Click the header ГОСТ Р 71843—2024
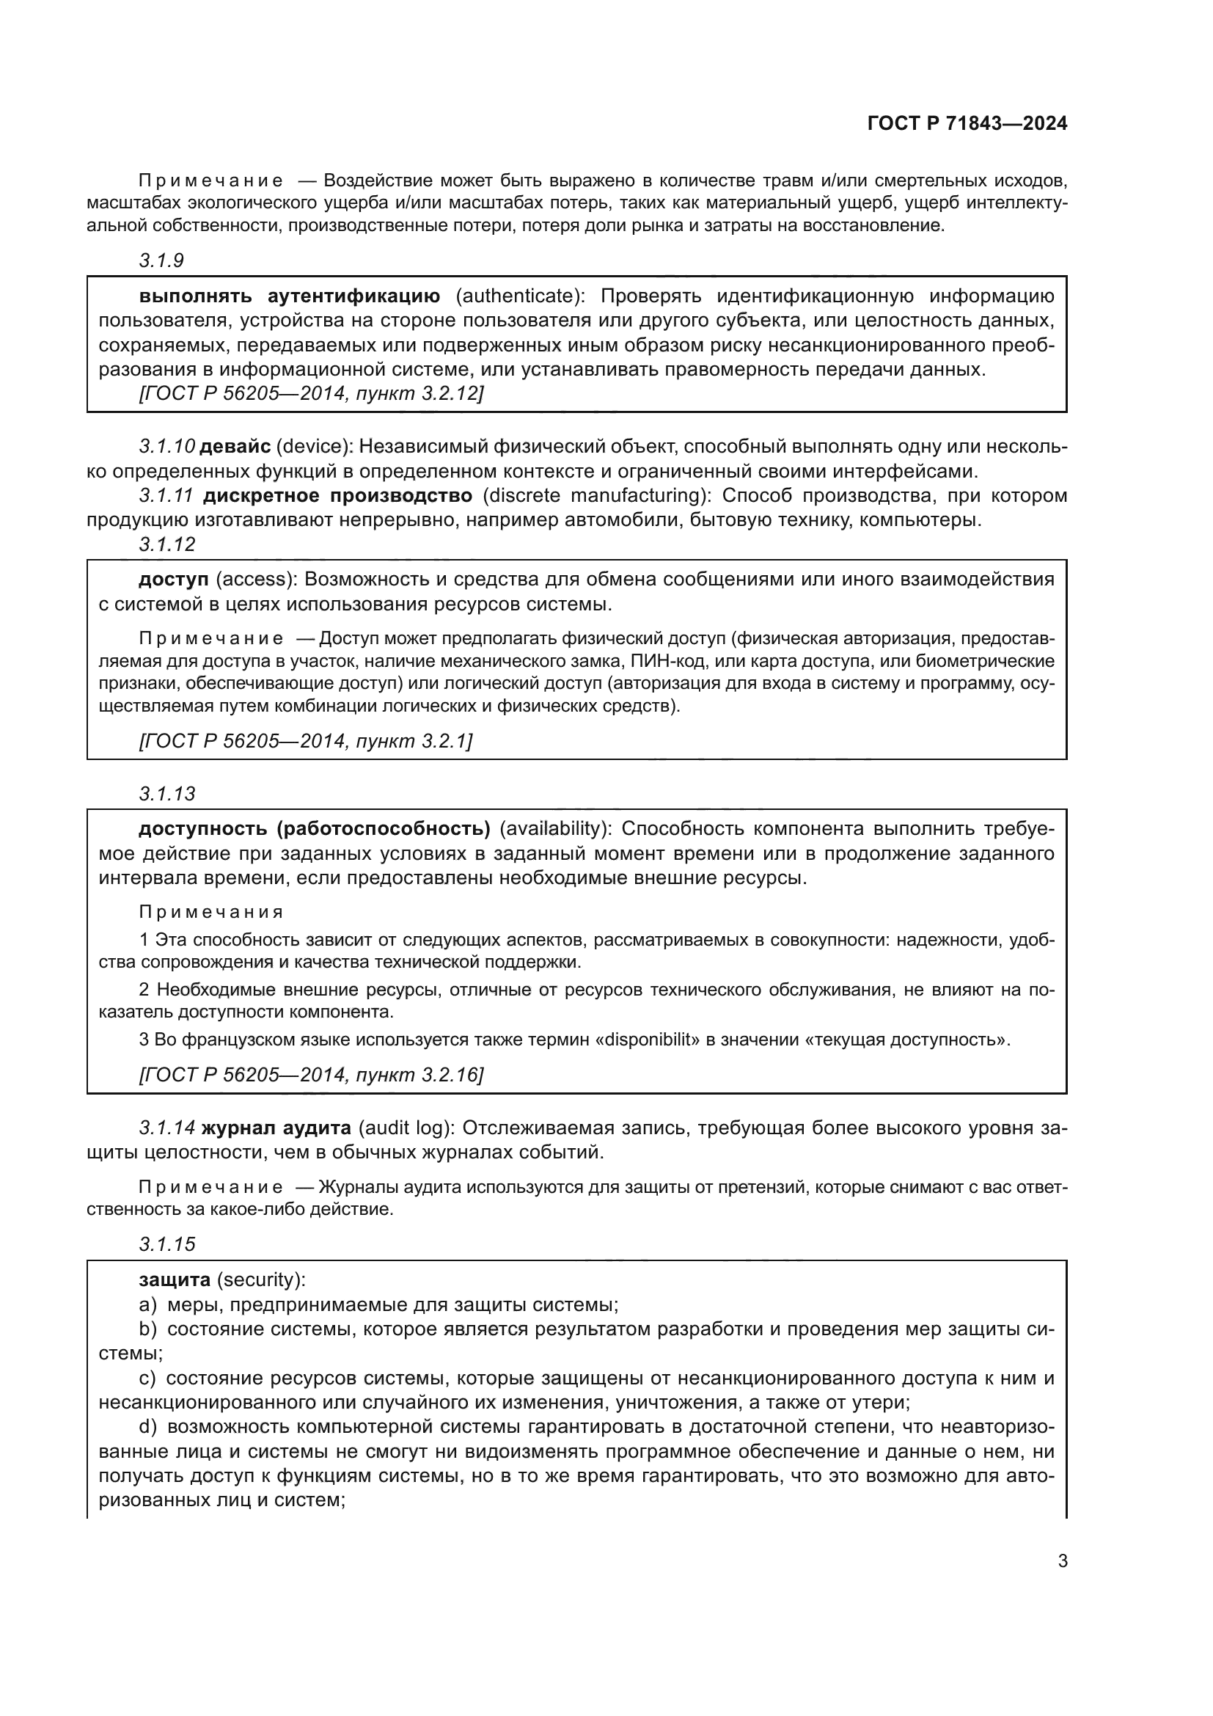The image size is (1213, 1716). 967,123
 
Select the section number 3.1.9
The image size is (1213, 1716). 161,261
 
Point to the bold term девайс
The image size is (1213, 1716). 235,447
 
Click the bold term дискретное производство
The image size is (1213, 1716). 337,495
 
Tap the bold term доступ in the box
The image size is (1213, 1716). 173,580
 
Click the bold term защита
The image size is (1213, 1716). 175,1279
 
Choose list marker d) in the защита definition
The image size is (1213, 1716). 148,1427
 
